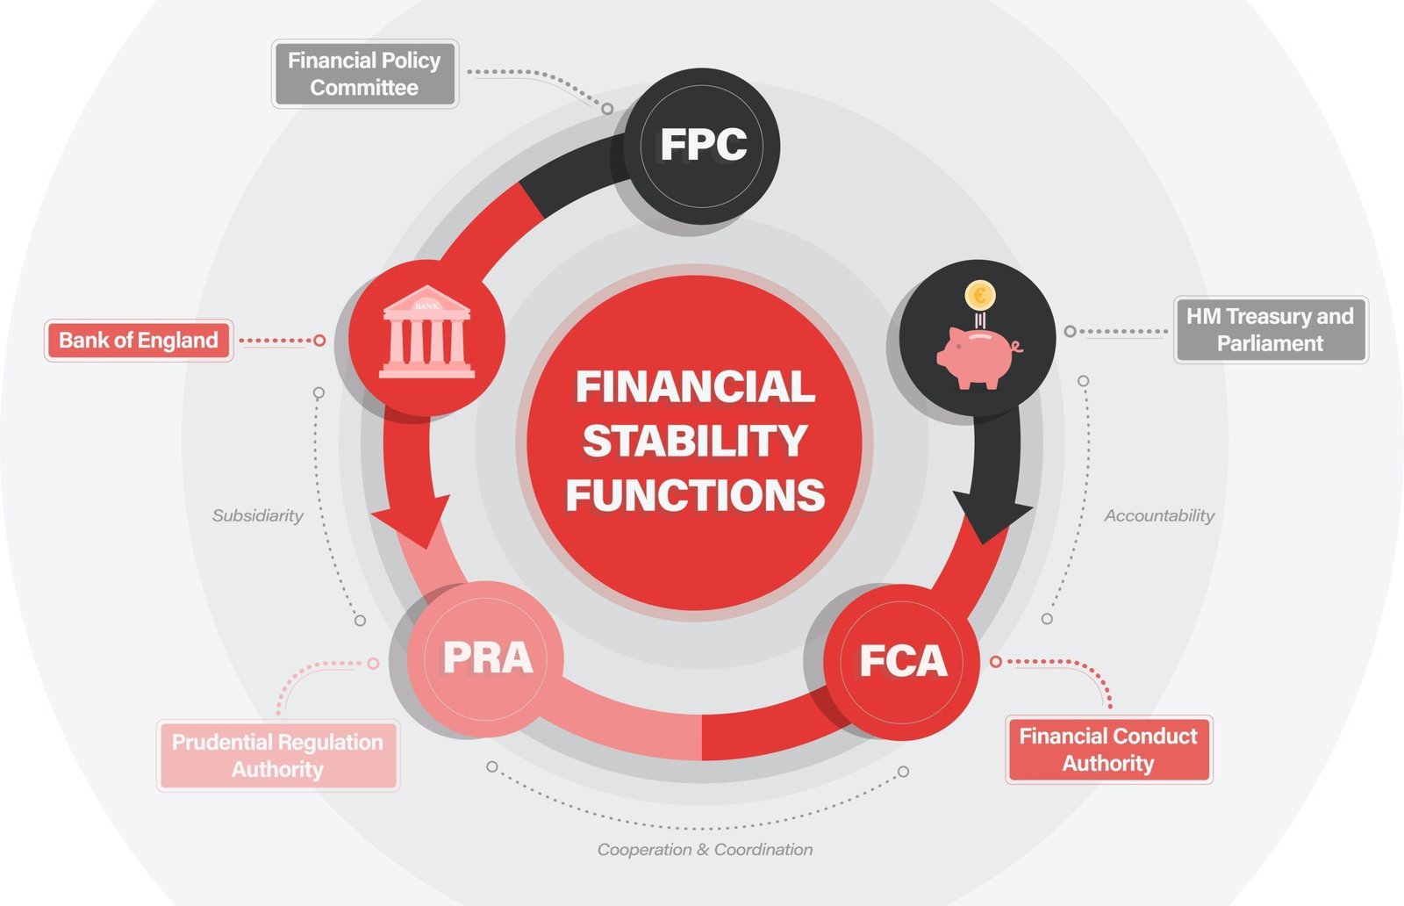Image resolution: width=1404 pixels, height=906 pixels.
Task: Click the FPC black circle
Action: [702, 146]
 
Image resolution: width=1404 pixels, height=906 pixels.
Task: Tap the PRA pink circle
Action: [486, 658]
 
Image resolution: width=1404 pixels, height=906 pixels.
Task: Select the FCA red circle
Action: [902, 661]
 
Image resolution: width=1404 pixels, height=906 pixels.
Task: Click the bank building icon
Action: [426, 333]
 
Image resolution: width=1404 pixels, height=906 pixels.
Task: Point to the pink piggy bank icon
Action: [976, 356]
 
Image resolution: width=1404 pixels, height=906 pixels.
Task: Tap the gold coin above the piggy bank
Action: [979, 295]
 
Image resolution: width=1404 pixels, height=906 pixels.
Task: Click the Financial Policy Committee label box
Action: [364, 74]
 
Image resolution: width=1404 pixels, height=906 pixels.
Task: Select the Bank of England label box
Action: [139, 341]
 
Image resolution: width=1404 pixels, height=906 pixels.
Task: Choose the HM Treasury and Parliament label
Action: [1270, 330]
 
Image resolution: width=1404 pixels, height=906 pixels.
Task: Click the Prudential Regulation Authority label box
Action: [277, 756]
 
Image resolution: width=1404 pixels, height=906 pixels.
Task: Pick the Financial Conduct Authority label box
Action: [1107, 750]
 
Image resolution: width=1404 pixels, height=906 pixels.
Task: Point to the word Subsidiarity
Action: [257, 516]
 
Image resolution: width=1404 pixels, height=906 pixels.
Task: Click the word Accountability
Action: [1158, 516]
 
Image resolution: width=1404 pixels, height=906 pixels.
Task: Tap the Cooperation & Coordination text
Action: [705, 850]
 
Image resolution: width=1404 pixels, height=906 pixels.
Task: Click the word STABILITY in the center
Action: [694, 442]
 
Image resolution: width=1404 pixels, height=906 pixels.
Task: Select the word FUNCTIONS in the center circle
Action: [695, 496]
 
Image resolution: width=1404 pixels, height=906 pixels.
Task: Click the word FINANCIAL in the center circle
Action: [695, 387]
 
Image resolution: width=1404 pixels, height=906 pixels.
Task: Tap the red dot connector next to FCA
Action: [996, 661]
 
